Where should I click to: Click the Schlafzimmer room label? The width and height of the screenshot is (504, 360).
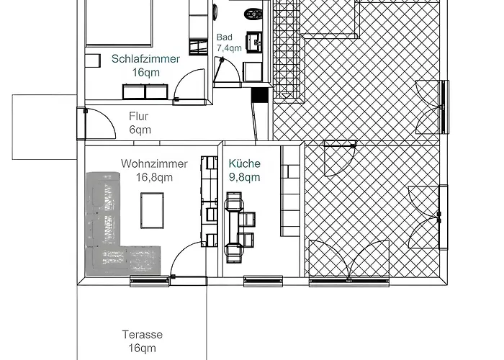(x=145, y=59)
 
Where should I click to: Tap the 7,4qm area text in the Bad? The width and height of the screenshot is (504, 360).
(x=229, y=48)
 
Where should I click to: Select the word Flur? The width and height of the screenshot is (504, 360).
(x=138, y=116)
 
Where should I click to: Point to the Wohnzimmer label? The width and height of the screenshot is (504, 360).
(x=154, y=163)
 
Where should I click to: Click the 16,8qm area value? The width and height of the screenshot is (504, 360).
(x=154, y=177)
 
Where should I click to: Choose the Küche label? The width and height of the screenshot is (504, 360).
(x=244, y=163)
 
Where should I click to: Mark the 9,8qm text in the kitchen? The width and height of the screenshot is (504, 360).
(x=244, y=177)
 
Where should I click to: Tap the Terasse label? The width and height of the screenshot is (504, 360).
(x=143, y=335)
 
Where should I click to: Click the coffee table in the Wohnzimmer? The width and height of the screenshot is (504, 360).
(x=152, y=210)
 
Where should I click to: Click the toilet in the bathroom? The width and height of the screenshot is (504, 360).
(x=253, y=14)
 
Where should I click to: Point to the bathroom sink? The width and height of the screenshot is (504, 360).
(x=255, y=42)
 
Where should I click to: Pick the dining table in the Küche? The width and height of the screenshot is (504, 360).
(x=234, y=227)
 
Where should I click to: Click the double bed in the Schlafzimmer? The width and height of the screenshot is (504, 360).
(x=118, y=22)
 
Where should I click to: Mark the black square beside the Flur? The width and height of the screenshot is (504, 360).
(x=259, y=95)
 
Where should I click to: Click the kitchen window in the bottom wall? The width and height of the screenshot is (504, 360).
(x=263, y=281)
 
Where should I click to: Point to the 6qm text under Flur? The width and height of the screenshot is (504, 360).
(x=140, y=130)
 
